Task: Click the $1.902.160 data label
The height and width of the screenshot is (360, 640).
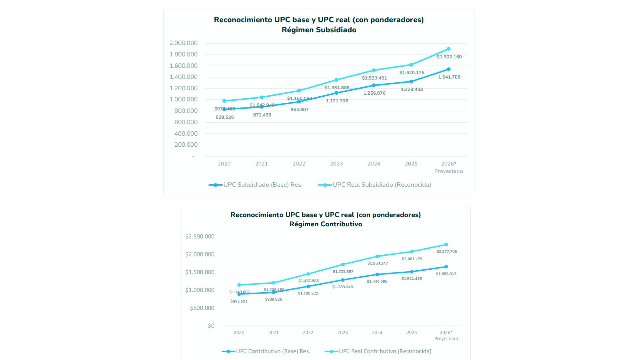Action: [449, 57]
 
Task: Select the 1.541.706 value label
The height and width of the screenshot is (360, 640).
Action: [449, 77]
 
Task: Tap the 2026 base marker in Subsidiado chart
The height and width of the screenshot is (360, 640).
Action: [449, 69]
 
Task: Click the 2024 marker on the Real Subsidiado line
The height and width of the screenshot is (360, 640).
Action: [374, 70]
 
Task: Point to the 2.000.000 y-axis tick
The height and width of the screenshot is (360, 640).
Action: [183, 43]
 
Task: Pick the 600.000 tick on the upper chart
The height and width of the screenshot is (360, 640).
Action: [186, 122]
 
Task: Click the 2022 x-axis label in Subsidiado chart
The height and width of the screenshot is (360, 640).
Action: [299, 164]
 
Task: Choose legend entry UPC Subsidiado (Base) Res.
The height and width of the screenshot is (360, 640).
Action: [263, 185]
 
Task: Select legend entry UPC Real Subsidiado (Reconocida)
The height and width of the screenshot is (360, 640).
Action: [382, 185]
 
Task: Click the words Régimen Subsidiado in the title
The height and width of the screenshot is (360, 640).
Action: [319, 30]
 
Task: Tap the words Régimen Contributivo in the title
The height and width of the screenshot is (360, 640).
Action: [326, 224]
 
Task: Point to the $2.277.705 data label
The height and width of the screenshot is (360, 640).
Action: [447, 252]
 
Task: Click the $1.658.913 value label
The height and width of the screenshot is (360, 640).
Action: [446, 274]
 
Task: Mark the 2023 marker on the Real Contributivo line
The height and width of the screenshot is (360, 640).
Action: [343, 265]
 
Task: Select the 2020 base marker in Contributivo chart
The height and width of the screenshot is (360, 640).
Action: [239, 294]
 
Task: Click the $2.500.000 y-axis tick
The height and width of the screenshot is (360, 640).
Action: [200, 237]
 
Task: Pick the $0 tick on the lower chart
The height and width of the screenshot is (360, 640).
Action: [211, 326]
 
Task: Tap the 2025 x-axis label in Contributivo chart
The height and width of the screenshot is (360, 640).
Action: [412, 333]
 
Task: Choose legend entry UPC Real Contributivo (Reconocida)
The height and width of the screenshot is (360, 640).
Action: [385, 351]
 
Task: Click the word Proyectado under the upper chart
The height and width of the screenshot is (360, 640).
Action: [448, 171]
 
